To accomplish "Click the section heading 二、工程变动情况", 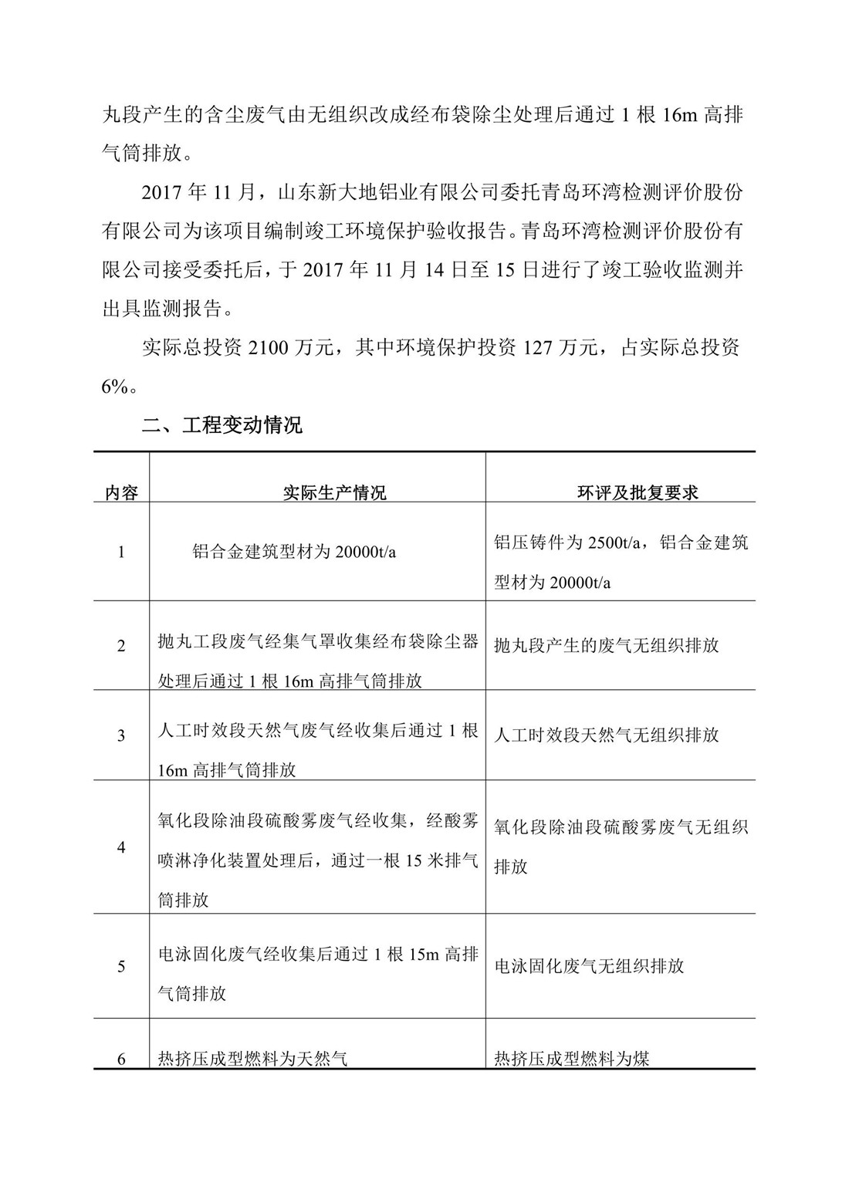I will click(x=222, y=425).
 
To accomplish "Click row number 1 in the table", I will click(x=121, y=553).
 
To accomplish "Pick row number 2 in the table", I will click(x=121, y=646).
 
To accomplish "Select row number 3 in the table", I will click(x=121, y=735).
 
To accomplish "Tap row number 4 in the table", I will click(x=121, y=847).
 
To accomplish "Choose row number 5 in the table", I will click(x=121, y=966).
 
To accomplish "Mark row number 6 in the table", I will click(x=121, y=1059).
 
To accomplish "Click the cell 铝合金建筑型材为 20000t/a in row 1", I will click(x=294, y=553).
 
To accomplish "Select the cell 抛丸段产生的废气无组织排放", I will click(x=607, y=645).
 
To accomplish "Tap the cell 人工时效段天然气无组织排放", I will click(x=607, y=735).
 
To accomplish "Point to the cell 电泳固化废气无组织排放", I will click(x=589, y=966).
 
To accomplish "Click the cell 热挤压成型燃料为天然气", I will click(x=252, y=1059).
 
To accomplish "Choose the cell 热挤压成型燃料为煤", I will click(x=572, y=1059).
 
